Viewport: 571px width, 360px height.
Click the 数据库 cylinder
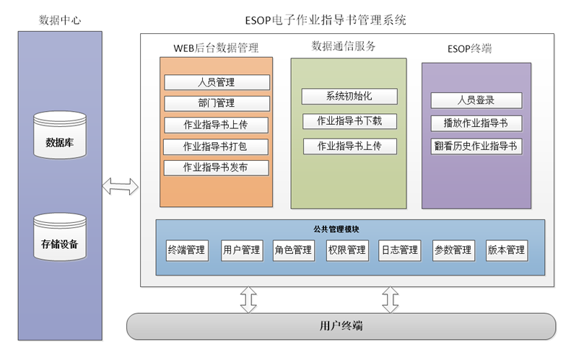click(x=60, y=136)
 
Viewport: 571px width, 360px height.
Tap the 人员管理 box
click(x=217, y=82)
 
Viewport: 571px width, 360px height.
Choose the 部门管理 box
click(x=217, y=103)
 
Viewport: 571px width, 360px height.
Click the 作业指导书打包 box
click(x=217, y=146)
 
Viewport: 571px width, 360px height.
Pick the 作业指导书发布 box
click(x=217, y=168)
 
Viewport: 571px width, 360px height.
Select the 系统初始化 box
click(x=349, y=97)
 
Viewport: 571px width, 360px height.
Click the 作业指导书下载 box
click(x=349, y=121)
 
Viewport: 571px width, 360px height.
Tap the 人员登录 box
click(x=476, y=100)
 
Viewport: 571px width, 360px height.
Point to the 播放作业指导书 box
click(x=476, y=123)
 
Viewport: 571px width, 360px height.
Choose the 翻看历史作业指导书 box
click(x=476, y=146)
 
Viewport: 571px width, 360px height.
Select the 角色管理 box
click(x=293, y=250)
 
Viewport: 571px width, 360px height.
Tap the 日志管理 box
click(x=399, y=250)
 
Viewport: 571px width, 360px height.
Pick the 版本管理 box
click(x=505, y=250)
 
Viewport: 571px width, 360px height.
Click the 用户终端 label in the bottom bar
click(x=341, y=326)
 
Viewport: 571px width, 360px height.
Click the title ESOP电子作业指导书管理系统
click(x=326, y=20)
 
